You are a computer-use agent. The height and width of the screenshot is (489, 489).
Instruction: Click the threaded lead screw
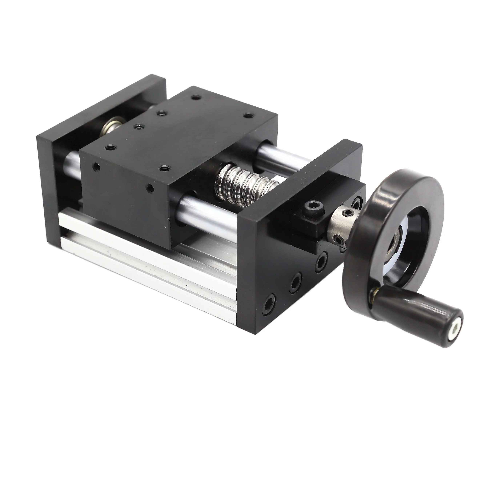[243, 185]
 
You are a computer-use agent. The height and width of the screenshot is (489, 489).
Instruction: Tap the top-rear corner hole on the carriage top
[195, 97]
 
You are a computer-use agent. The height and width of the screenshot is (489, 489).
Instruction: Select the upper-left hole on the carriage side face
[96, 167]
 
